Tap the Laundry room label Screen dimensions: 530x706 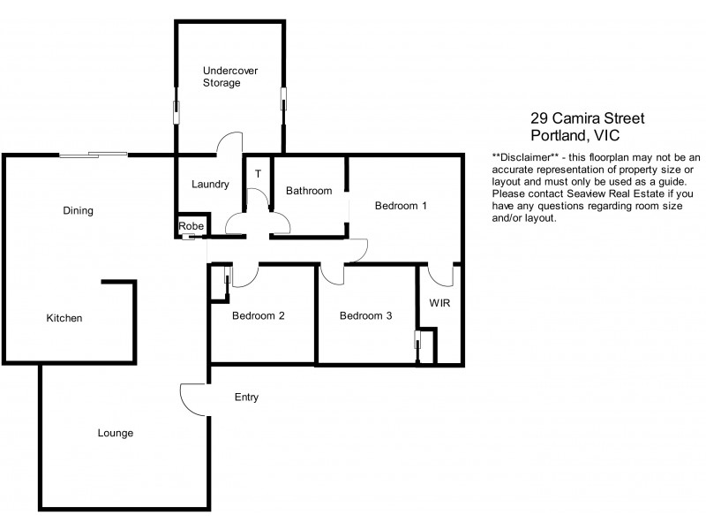pos(211,185)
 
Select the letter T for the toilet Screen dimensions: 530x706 pos(258,174)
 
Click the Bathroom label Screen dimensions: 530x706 pos(309,191)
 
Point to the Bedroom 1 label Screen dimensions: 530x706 pos(401,206)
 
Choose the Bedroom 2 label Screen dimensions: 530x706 pos(258,315)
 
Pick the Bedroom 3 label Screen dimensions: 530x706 pos(365,315)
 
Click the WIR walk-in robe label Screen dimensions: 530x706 pos(440,303)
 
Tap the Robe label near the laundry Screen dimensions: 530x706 pos(192,226)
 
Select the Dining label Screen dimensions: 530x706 pos(78,211)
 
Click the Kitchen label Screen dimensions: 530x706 pos(64,318)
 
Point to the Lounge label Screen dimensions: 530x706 pos(116,433)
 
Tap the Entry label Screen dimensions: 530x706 pos(246,397)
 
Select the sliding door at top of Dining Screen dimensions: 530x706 pos(93,155)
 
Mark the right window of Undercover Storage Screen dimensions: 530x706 pos(283,98)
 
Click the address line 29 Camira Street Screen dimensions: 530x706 pos(587,117)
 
